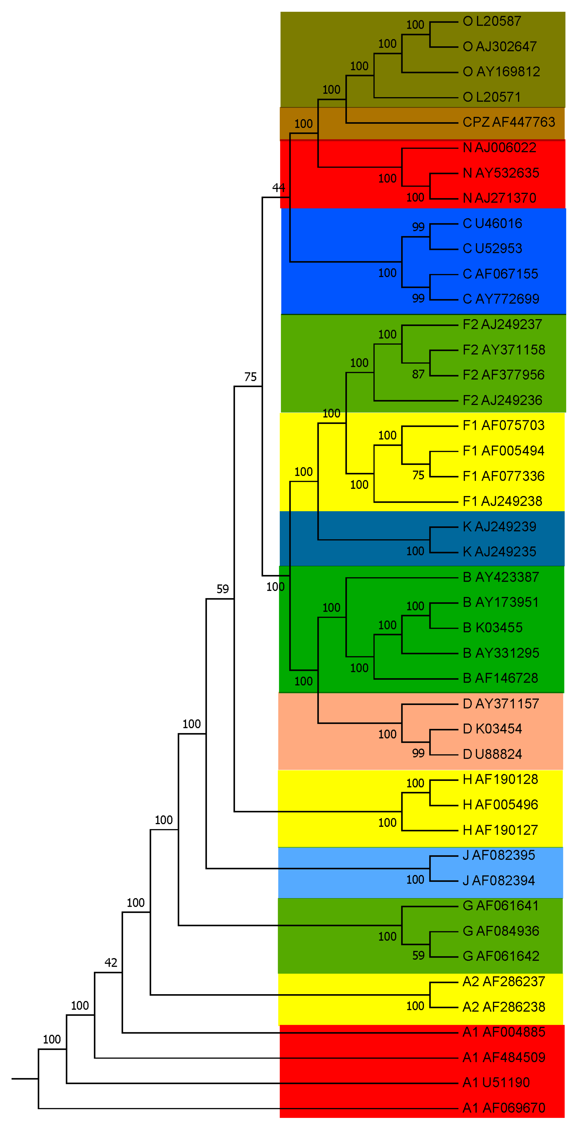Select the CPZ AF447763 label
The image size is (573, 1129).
tap(509, 122)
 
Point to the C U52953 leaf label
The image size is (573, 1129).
tap(492, 249)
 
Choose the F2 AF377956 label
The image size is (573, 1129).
tap(503, 375)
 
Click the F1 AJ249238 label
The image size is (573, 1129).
tap(503, 501)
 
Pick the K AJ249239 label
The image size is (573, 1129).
tap(499, 526)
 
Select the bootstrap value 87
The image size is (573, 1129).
tap(418, 374)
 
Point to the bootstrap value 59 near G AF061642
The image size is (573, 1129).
tap(418, 955)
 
